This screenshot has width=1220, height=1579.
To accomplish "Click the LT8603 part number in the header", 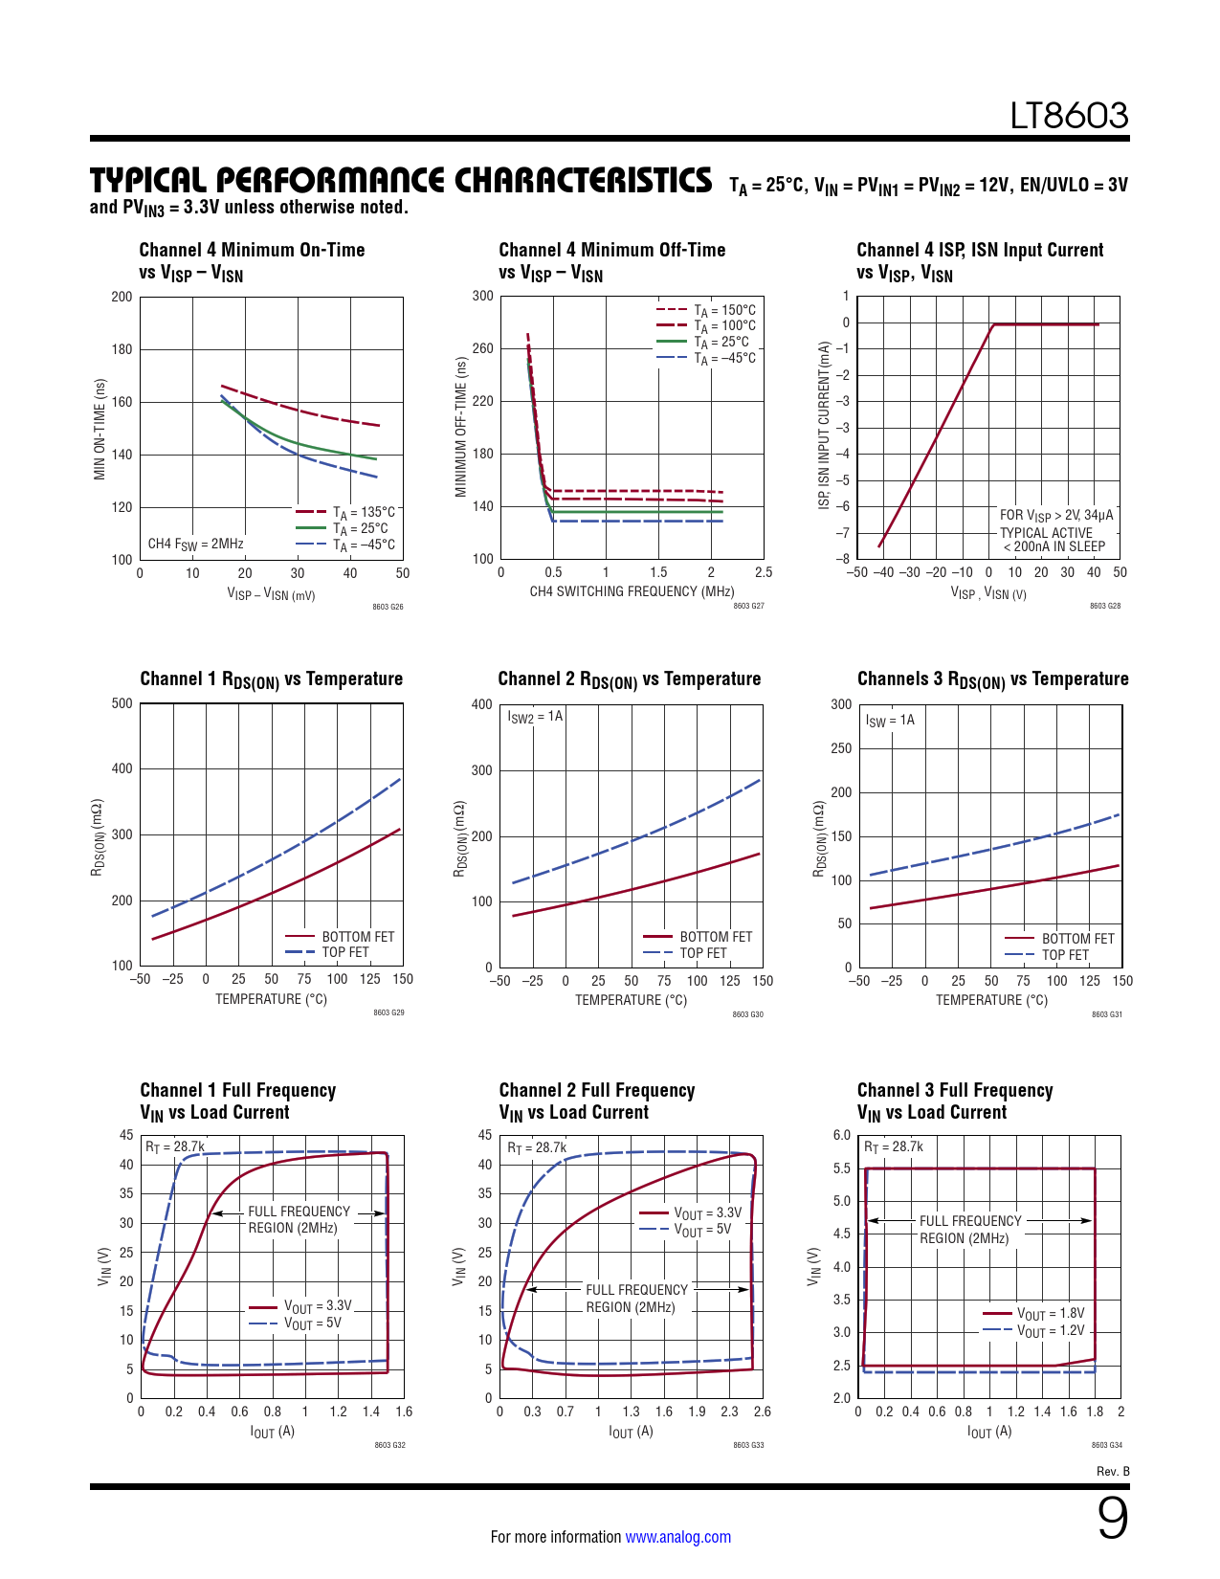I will (x=1069, y=116).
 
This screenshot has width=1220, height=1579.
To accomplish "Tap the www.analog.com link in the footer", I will (x=677, y=1537).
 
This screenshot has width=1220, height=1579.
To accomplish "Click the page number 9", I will (x=1112, y=1518).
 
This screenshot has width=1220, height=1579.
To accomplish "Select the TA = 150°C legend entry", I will (x=724, y=310).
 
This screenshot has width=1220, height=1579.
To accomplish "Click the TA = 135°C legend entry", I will (x=363, y=513).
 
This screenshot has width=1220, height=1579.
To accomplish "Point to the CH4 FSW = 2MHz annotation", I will (x=195, y=545).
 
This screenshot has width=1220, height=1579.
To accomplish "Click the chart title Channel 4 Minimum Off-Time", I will (x=611, y=250).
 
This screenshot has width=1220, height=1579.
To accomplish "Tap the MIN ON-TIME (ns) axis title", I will (x=100, y=429).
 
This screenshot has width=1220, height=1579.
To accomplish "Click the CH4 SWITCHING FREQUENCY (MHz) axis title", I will (x=632, y=591).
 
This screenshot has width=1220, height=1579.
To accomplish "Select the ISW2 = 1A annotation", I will (x=535, y=717).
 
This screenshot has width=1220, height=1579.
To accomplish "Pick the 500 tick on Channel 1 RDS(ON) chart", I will (x=122, y=703).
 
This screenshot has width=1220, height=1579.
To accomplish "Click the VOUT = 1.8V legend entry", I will (x=1050, y=1314).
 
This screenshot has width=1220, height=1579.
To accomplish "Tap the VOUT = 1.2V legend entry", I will (x=1050, y=1331).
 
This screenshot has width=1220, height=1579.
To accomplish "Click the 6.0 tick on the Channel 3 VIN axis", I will (x=841, y=1135).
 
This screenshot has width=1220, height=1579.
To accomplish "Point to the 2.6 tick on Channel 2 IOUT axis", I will (x=762, y=1412).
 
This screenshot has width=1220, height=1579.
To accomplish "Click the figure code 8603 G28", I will (x=1105, y=606).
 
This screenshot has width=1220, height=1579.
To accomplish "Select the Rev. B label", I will (x=1113, y=1472).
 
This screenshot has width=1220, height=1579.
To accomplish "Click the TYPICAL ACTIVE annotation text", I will (x=1046, y=533).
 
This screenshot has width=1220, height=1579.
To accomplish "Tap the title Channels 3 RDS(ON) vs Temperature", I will (x=992, y=679).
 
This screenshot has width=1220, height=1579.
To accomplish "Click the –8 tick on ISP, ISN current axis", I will (x=842, y=559).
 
